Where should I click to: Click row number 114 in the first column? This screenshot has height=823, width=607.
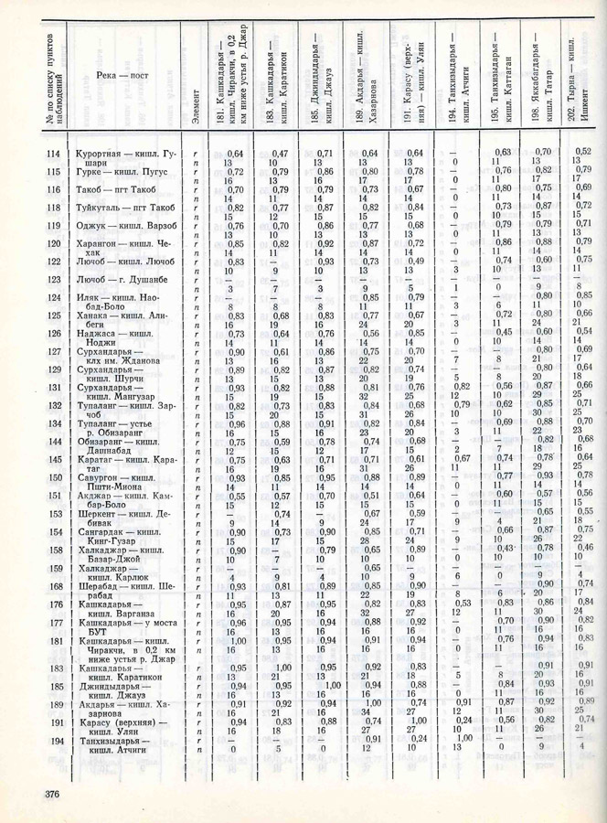(53, 152)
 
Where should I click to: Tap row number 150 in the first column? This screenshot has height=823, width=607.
(53, 477)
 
